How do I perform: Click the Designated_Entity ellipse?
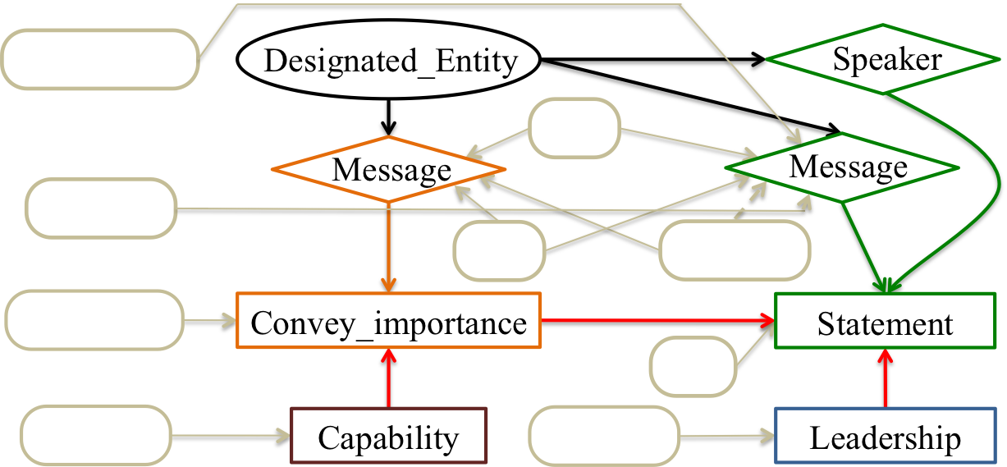tap(389, 62)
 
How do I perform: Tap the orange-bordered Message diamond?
tap(389, 170)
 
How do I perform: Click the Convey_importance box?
tap(389, 322)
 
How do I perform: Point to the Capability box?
tap(389, 437)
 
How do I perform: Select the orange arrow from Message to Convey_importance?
tap(389, 246)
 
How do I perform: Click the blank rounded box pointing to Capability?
tap(95, 435)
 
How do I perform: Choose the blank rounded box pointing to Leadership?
tap(604, 435)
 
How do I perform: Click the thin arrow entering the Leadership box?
tap(727, 435)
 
